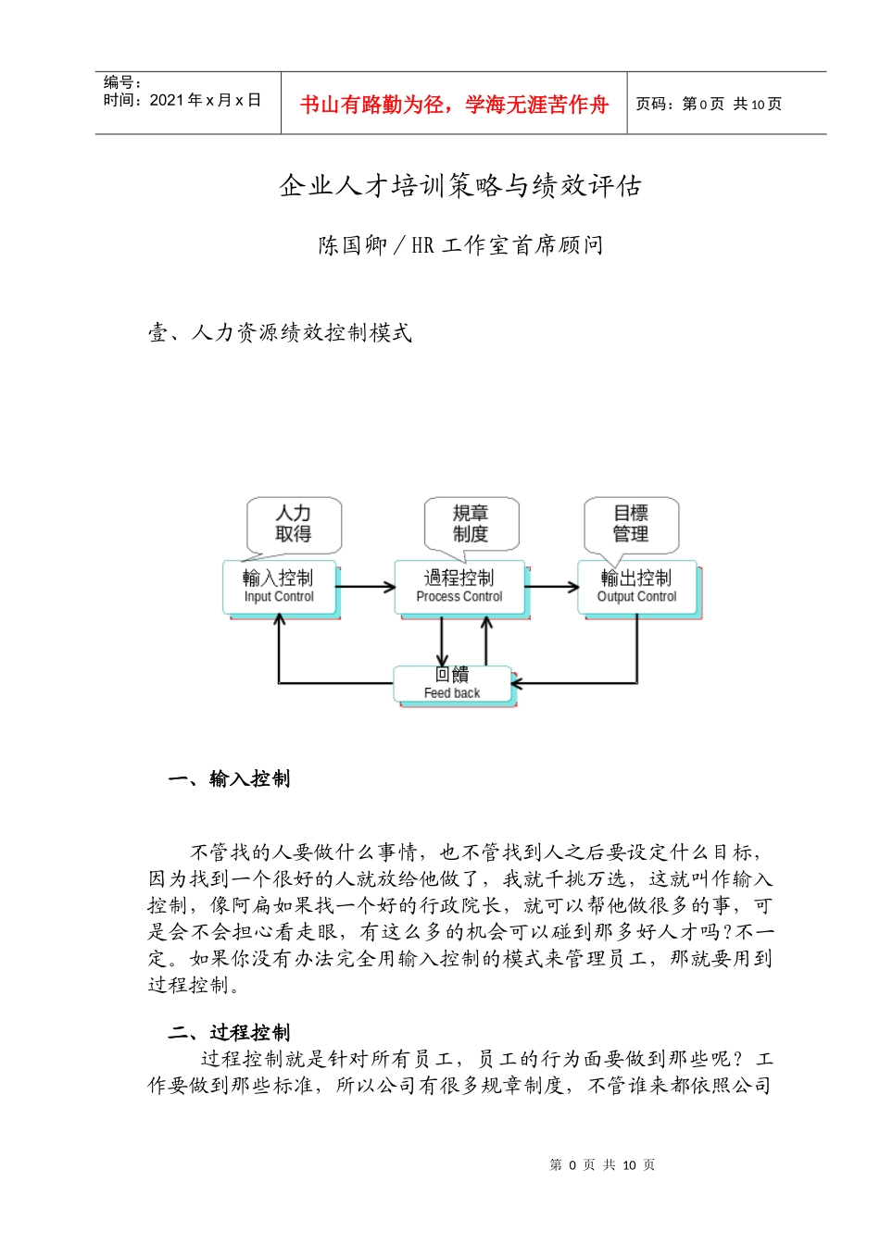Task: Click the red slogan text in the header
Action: (453, 105)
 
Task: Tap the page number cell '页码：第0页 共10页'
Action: (709, 105)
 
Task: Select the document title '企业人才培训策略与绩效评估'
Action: (460, 186)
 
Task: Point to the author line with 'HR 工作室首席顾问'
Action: (460, 245)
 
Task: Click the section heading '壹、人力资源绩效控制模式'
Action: (280, 332)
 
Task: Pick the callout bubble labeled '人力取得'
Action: (294, 524)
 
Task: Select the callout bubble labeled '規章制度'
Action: (471, 524)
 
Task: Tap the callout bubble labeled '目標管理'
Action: (631, 524)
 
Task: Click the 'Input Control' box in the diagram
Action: (279, 587)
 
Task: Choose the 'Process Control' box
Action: (459, 587)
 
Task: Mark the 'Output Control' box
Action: (637, 587)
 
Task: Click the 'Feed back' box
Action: (452, 683)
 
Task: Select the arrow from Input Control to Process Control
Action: (365, 587)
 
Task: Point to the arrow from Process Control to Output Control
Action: (552, 587)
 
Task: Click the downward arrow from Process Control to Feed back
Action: (442, 641)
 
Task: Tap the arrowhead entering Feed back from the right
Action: (517, 684)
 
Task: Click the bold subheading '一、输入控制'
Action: (230, 779)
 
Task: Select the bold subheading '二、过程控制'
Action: (230, 1033)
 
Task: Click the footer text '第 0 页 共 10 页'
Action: (602, 1165)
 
